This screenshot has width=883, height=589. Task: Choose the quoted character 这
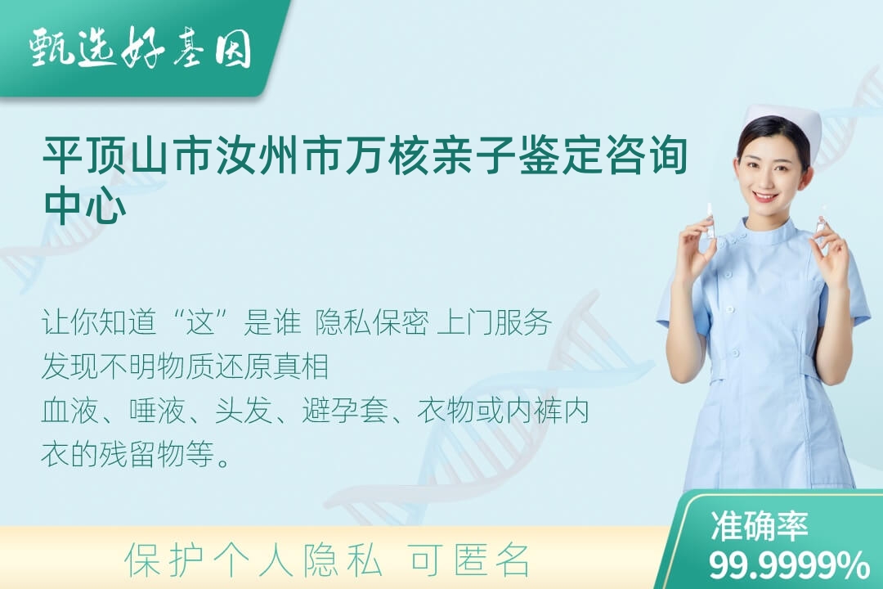point(201,322)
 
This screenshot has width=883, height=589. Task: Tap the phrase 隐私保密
point(372,322)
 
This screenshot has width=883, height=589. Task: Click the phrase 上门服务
point(495,322)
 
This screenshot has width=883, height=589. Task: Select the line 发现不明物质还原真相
point(186,366)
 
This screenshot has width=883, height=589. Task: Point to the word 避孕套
point(345,411)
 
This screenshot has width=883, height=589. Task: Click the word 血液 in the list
point(69,411)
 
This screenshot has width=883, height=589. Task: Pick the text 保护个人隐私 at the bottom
point(253,560)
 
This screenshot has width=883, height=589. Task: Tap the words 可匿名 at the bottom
point(470,560)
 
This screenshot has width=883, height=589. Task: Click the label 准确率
point(760,526)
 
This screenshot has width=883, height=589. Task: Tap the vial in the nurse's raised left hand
point(821,219)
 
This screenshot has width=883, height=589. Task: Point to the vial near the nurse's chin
point(710,222)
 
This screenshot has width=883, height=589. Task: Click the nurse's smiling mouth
point(765,197)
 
